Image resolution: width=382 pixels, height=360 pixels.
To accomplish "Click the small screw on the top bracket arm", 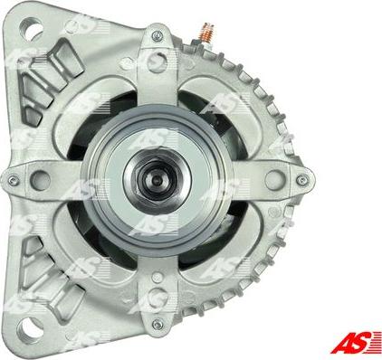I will pos(158,35).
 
